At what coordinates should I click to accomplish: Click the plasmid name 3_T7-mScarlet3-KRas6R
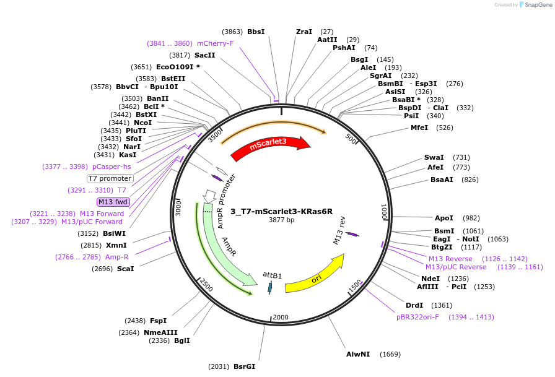tap(282, 210)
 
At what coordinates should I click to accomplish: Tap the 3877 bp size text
tap(282, 220)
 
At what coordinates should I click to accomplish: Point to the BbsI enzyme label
tap(256, 32)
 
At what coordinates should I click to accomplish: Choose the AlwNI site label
tap(358, 354)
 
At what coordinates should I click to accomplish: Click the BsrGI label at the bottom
tap(244, 366)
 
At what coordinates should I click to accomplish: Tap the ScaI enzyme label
tap(125, 269)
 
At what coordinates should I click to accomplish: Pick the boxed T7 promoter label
tap(110, 178)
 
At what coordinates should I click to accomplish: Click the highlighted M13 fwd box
tap(113, 202)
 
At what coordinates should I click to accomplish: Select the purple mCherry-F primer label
tap(215, 43)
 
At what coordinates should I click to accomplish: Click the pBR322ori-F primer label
tap(418, 317)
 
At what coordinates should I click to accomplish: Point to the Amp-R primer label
tap(116, 257)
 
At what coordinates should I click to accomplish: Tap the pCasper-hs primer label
tap(111, 167)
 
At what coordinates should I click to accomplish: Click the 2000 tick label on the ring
tap(281, 318)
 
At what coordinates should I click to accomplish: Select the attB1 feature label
tap(272, 274)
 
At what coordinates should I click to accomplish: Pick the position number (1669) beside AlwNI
tap(390, 354)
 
